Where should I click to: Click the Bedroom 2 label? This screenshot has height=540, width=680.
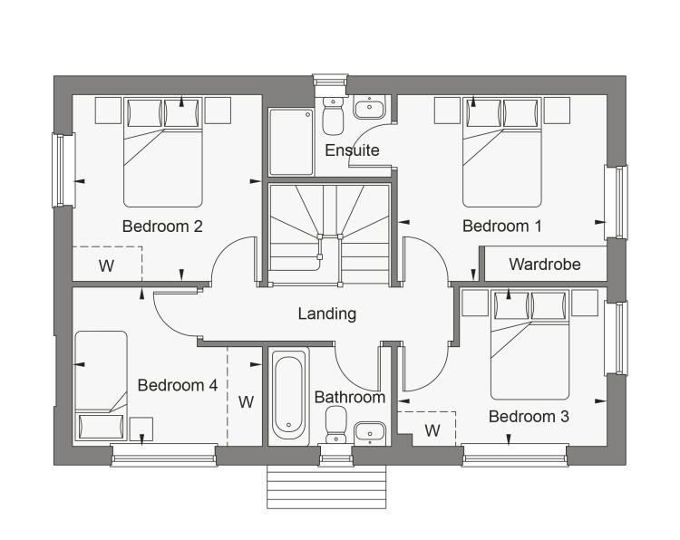[x=162, y=227]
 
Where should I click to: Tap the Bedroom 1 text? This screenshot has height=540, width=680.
[x=501, y=227]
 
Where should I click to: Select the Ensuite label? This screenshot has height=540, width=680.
[x=352, y=150]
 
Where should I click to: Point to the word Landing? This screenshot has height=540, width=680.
[x=327, y=313]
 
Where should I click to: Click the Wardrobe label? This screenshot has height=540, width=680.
[x=545, y=265]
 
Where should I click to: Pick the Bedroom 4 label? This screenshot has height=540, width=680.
[x=178, y=385]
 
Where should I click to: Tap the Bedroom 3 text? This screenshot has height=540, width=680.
[x=529, y=417]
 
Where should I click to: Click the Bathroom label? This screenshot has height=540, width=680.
[x=350, y=398]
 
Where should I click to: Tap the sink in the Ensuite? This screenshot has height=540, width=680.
[x=370, y=107]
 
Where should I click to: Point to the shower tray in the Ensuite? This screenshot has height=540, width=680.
[x=291, y=142]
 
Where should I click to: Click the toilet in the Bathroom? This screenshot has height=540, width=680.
[x=336, y=425]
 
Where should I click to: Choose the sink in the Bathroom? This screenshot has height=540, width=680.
[x=370, y=433]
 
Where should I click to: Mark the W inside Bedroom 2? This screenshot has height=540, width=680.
[x=106, y=265]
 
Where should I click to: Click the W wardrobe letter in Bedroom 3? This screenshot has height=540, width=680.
[x=432, y=430]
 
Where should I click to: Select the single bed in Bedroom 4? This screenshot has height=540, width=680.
[x=101, y=386]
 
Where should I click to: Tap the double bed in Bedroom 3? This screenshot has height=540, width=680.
[x=529, y=344]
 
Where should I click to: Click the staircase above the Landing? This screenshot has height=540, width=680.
[x=329, y=235]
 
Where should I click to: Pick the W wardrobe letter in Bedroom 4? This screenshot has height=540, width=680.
[x=246, y=402]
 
